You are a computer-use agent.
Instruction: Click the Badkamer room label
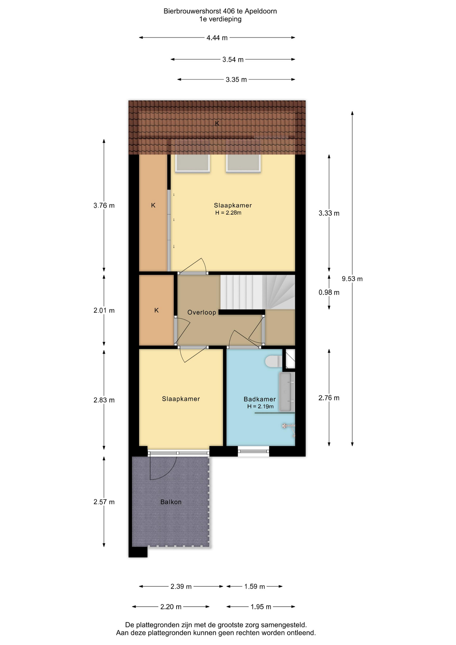pos(260,399)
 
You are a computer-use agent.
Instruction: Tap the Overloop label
pos(202,312)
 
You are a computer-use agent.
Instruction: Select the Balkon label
pos(171,502)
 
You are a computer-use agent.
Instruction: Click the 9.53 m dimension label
pos(352,279)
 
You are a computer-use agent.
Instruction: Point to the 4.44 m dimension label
pos(217,38)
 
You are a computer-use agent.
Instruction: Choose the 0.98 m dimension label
pos(329,293)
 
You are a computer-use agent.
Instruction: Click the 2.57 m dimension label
pos(104,502)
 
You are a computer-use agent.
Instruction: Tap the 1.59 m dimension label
pos(255,587)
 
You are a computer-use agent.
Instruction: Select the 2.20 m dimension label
pos(171,607)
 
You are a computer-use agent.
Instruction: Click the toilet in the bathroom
pos(274,361)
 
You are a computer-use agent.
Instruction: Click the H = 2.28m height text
pos(228,213)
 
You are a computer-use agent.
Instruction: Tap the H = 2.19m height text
pos(261,406)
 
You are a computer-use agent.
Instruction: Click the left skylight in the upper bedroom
pos(192,163)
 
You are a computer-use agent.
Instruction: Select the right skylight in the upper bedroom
pos(243,163)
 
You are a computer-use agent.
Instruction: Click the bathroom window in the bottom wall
pos(254,451)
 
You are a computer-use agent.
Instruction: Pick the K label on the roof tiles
pos(217,123)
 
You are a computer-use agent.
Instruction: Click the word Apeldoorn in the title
pos(261,11)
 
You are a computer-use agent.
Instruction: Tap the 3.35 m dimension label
pos(236,80)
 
